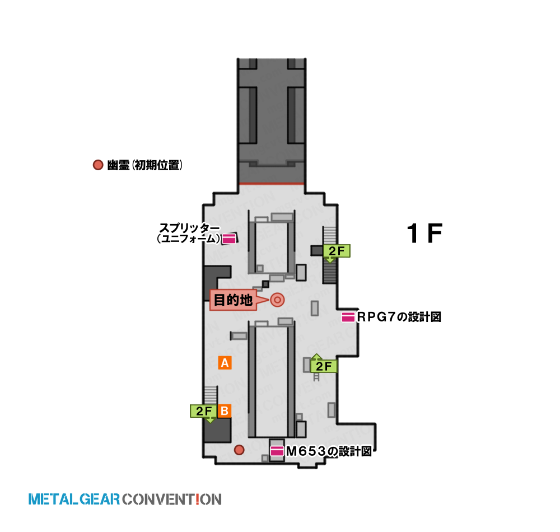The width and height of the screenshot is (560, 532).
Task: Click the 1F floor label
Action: (x=424, y=233)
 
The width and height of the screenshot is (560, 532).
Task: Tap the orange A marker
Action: (x=225, y=363)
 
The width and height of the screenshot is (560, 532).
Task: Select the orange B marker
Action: (x=225, y=411)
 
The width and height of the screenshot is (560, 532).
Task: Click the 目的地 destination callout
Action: (x=233, y=300)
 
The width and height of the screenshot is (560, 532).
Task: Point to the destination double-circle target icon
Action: (x=278, y=300)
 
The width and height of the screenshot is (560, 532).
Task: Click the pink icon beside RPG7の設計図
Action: (x=348, y=317)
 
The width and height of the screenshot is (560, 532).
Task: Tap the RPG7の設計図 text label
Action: (x=399, y=317)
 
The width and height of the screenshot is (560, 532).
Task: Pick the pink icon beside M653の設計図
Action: (x=277, y=451)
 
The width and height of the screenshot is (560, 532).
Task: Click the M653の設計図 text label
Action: (x=329, y=451)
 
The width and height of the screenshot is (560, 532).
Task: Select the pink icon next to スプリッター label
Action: (x=229, y=239)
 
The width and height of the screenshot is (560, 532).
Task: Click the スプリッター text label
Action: (x=189, y=227)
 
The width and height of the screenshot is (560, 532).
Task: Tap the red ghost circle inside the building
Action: (x=239, y=450)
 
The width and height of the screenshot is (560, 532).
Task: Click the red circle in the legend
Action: (x=98, y=165)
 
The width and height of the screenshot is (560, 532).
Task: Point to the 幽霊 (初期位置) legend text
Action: (x=145, y=165)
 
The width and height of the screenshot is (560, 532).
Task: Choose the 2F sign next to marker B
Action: (x=204, y=411)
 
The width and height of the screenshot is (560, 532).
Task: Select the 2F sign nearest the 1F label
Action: (x=337, y=251)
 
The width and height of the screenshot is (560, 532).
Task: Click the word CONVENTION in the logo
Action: (x=172, y=499)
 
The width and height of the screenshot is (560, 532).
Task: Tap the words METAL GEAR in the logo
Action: (x=74, y=499)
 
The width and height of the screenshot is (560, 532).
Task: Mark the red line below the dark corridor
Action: (x=272, y=184)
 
